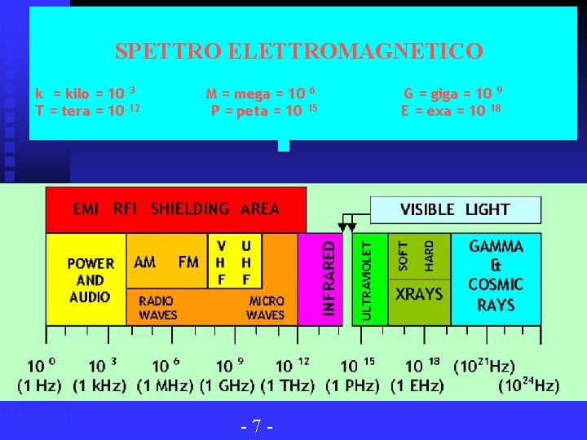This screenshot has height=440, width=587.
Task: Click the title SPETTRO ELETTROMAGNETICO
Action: tap(298, 51)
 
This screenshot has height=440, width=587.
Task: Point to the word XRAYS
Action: tap(418, 293)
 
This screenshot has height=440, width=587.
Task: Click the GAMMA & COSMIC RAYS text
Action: tap(496, 275)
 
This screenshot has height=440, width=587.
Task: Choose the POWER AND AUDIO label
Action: tap(90, 279)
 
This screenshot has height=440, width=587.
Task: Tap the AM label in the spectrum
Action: tap(145, 262)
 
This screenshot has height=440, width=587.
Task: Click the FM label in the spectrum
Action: tap(188, 262)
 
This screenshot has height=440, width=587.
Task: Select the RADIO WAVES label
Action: tap(157, 307)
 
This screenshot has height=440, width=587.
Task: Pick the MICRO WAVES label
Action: tap(266, 307)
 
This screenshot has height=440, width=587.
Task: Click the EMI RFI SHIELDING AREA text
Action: tap(176, 209)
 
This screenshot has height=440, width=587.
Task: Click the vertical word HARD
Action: tap(430, 256)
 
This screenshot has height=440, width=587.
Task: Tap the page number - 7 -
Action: tap(256, 425)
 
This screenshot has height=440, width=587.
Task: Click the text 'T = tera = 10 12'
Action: tap(88, 111)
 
